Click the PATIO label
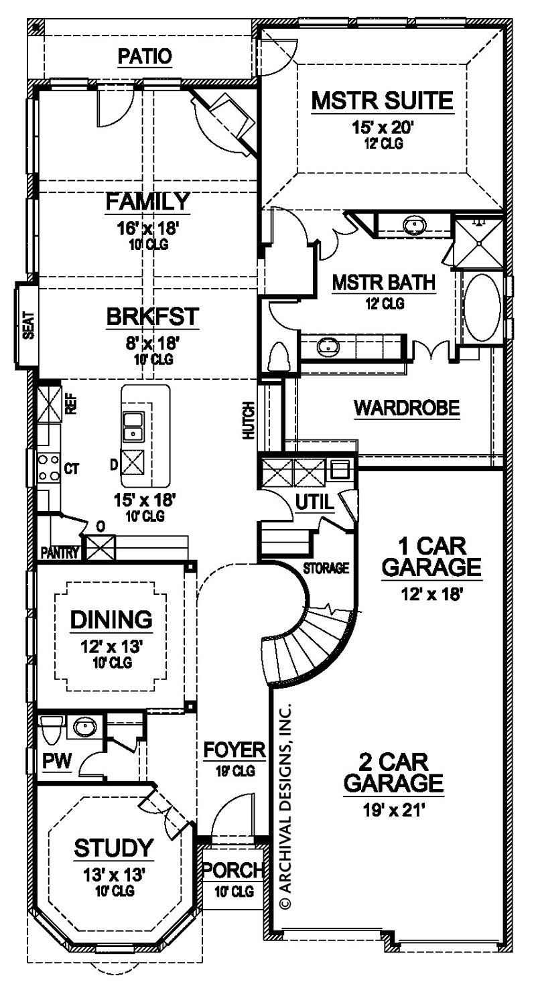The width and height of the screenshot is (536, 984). [145, 57]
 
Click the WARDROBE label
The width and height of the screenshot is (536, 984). [407, 407]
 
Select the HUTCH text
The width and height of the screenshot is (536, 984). [249, 421]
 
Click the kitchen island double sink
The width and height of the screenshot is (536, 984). [134, 426]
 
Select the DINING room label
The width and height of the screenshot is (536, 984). [112, 618]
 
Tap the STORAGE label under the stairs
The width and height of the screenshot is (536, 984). [326, 569]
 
